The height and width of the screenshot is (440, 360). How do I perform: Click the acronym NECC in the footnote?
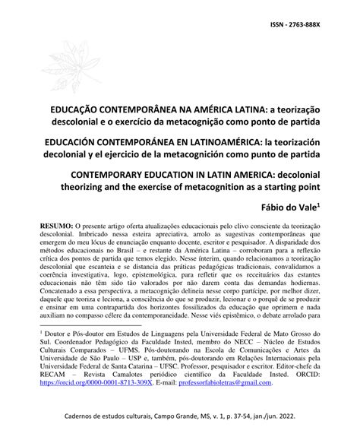(x=229, y=344)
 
